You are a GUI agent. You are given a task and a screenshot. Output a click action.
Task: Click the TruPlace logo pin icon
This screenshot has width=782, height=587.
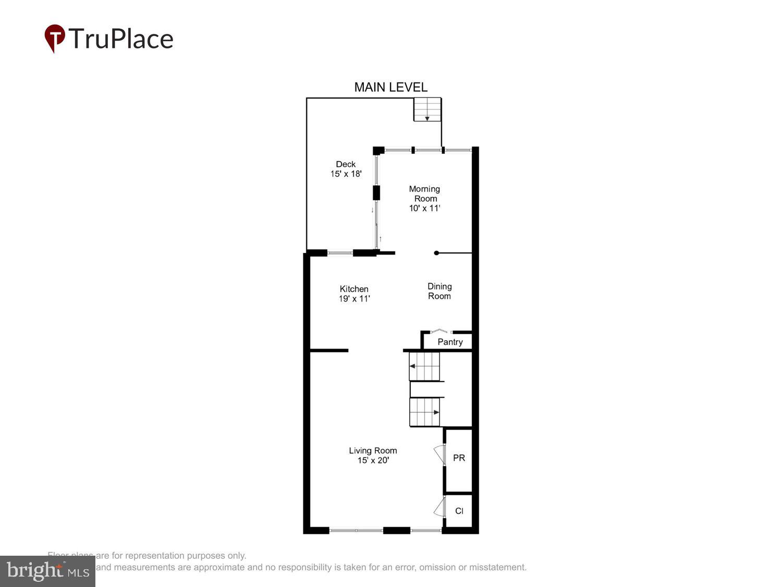pos(55,38)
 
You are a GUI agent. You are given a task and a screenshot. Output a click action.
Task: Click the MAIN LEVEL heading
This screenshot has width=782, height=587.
pos(390,87)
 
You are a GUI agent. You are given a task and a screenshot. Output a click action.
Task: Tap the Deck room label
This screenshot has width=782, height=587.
pos(346,164)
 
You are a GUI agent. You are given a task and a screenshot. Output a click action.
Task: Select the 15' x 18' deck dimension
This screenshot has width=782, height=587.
pos(346,174)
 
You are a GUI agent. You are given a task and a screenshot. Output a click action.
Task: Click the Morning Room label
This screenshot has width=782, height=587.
pos(425,194)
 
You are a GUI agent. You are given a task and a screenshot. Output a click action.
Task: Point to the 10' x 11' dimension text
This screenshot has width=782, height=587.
pos(425,208)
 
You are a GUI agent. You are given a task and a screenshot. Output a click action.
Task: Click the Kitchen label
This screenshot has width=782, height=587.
pos(354,289)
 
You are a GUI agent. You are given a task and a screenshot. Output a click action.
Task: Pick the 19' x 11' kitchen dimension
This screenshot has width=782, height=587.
pos(354,298)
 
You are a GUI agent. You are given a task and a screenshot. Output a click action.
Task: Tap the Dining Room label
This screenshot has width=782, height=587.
pos(439,291)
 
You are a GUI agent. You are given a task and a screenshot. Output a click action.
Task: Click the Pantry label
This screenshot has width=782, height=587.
pos(450,342)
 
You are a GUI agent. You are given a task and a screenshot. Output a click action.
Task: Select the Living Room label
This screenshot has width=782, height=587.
pos(373,450)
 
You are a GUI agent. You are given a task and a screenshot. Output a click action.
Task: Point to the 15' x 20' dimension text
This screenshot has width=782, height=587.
pos(373,460)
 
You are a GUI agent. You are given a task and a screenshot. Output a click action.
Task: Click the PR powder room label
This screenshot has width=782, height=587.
pos(459,458)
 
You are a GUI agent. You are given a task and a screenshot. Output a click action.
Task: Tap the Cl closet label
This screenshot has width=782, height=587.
pos(459,511)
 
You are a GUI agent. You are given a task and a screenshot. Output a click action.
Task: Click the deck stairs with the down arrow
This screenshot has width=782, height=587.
pos(427,110)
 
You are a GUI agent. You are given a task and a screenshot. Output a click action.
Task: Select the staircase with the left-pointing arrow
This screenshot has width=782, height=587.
pos(424,366)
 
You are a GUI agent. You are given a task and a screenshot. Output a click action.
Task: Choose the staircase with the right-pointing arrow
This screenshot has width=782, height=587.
pos(424,412)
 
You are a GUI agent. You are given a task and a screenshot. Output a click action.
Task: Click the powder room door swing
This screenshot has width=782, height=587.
pos(439,454)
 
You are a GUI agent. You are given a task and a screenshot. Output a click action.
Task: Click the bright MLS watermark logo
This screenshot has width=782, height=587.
pos(47,571)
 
